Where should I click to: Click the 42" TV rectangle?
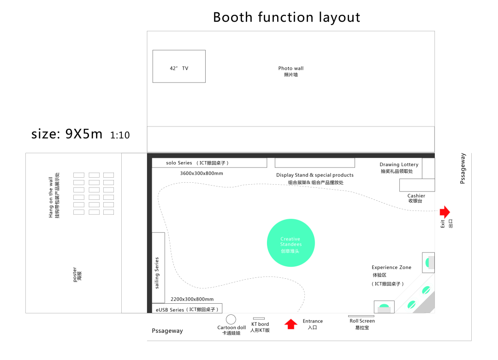coord(179,66)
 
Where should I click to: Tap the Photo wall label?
coord(291,68)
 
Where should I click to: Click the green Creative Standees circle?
coord(291,243)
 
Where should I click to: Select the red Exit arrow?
coord(445,212)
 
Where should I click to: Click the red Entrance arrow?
coord(291,324)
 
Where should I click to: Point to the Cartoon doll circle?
coord(231,319)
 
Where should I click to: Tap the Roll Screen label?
coord(362,321)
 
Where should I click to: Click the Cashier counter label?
coord(416,196)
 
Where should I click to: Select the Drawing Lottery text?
coord(399,165)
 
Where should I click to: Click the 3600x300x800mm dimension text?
coord(202,174)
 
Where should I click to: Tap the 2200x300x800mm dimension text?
coord(192,299)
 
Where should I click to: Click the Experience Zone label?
coord(391,268)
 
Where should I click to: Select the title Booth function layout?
coord(286,18)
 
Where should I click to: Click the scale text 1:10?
coord(120,135)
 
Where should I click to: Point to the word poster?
coord(75,274)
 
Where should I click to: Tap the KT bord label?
coord(260,324)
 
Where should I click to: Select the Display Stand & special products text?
coord(315,175)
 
